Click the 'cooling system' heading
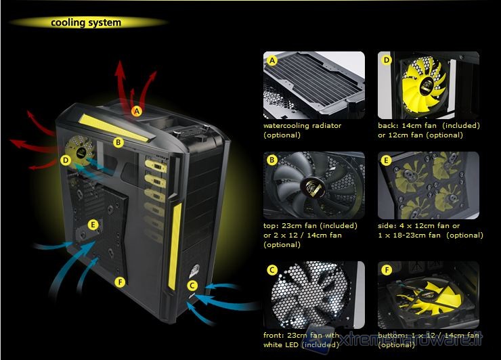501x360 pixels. (x=86, y=22)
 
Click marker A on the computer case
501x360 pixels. (x=137, y=110)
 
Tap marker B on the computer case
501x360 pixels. (x=118, y=142)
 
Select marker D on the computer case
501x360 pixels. (x=66, y=160)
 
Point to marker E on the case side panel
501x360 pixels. (x=93, y=224)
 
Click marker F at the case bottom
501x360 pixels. (x=120, y=282)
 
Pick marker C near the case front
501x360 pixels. (x=192, y=286)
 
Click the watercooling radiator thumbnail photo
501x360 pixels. (x=313, y=85)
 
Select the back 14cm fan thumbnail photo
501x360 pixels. (x=428, y=85)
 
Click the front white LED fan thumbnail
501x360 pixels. (x=313, y=295)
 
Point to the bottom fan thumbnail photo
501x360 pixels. (x=428, y=295)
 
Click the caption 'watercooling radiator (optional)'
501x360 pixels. (x=302, y=130)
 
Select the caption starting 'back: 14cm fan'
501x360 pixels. (x=429, y=130)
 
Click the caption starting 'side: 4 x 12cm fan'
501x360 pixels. (x=430, y=230)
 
